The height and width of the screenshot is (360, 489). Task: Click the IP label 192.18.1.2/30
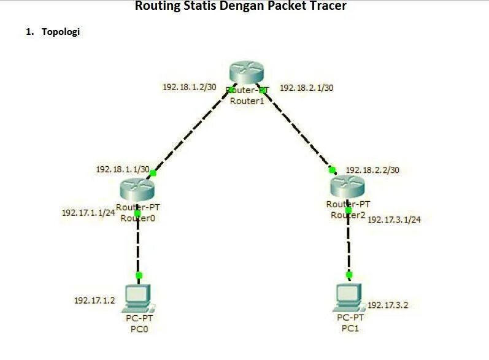tap(189, 87)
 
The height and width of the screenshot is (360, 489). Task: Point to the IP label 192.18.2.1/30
tap(307, 88)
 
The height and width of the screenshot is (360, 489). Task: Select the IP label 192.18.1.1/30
tap(123, 169)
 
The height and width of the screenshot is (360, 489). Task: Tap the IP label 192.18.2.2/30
tap(372, 170)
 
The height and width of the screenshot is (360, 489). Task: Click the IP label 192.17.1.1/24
tap(88, 213)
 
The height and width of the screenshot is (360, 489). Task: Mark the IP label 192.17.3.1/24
tap(394, 220)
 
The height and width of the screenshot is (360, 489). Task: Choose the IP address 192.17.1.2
tap(94, 300)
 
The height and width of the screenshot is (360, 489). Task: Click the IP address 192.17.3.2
tap(388, 305)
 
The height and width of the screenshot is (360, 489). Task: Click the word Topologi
tap(60, 32)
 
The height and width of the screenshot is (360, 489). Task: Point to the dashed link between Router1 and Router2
tap(298, 129)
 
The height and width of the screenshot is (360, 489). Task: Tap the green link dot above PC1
tap(349, 275)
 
